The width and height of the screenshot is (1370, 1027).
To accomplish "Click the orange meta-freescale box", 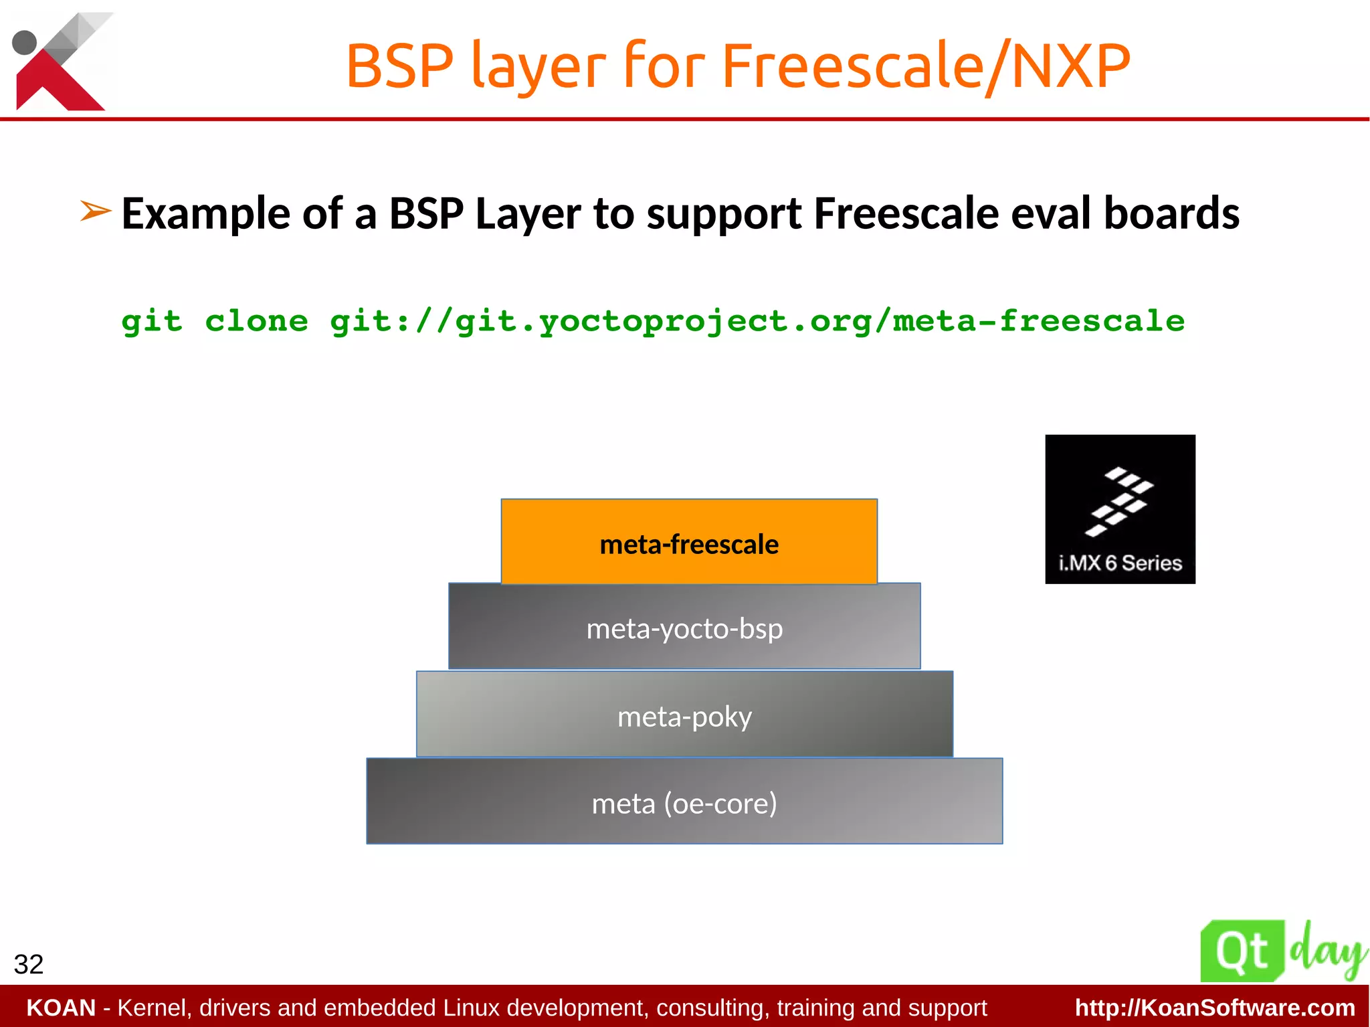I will click(689, 542).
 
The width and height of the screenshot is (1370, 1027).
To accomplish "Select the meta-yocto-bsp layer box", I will click(684, 627).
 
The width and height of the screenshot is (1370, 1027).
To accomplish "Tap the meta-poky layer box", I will click(684, 715).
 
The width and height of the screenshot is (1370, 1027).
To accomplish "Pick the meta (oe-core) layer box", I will click(684, 802).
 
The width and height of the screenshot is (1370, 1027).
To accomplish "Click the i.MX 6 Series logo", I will click(1120, 509).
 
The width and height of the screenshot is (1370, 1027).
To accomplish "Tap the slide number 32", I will click(29, 964).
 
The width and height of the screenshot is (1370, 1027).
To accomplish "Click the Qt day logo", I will click(1281, 951).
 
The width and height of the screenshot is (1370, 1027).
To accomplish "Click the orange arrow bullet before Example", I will click(95, 211).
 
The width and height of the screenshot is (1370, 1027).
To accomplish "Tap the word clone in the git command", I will click(256, 321).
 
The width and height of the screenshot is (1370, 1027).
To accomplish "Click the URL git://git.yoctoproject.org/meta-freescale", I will click(757, 321).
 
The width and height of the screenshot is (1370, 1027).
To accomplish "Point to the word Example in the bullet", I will click(206, 214).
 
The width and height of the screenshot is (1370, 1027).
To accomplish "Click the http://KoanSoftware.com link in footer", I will click(1215, 1008).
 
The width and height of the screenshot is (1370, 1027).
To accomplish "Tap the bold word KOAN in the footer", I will click(61, 1008).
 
